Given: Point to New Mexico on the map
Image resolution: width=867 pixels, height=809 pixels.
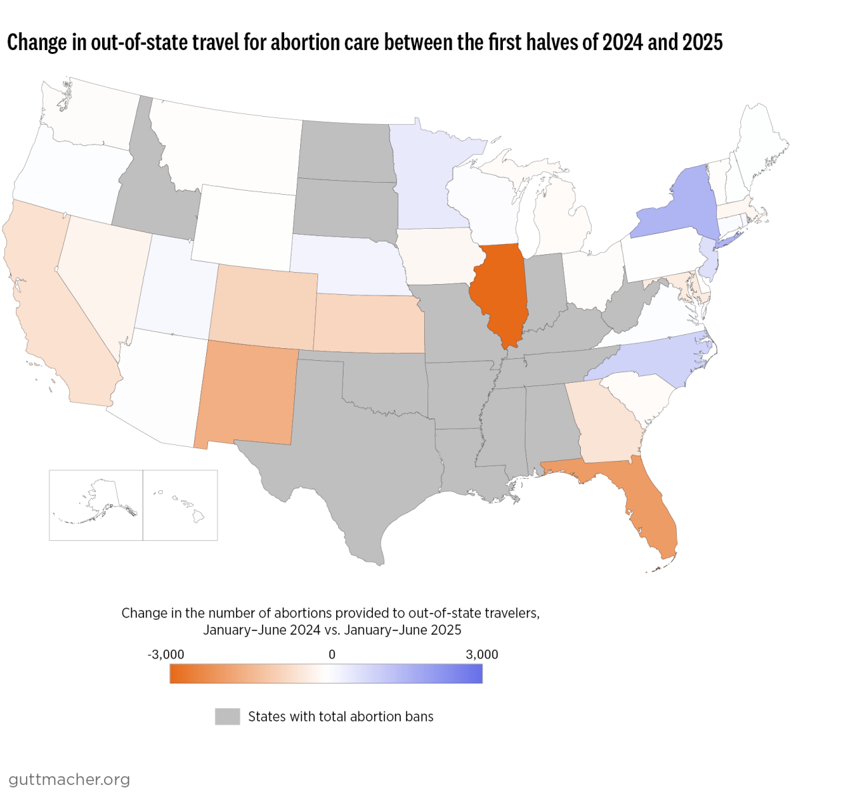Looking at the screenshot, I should click(x=247, y=393).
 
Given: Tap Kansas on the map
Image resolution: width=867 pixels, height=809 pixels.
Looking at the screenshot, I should click(x=367, y=323).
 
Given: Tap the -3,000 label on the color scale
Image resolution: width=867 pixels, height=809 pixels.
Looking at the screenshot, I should click(x=165, y=654).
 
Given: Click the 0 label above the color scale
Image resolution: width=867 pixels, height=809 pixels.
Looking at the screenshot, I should click(x=332, y=654).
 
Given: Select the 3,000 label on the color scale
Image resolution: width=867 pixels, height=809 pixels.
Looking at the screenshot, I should click(x=482, y=654).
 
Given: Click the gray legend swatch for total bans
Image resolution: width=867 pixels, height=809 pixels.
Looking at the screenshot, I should click(x=227, y=716).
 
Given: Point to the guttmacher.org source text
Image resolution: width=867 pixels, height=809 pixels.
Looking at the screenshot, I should click(x=69, y=779).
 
